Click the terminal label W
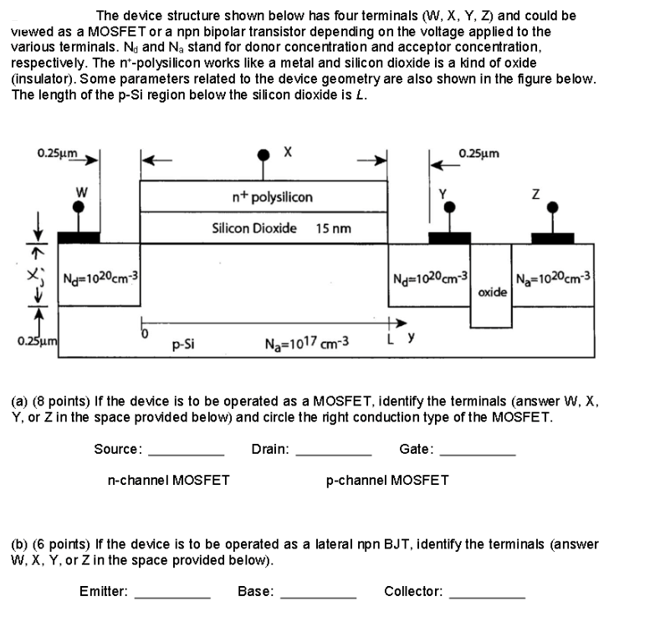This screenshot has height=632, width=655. coord(81,190)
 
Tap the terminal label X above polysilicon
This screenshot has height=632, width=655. coord(287,153)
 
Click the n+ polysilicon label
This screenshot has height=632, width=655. coord(272,197)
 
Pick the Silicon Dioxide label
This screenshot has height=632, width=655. coord(254,227)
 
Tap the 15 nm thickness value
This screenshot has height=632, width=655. coord(335,227)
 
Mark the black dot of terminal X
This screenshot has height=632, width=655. coord(264,154)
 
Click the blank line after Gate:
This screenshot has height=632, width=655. coord(477,454)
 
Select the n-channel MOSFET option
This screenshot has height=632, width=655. coord(169,480)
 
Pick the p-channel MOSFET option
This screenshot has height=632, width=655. coord(386,480)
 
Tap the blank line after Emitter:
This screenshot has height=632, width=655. coord(172,596)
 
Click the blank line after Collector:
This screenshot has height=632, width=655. coord(488,596)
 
